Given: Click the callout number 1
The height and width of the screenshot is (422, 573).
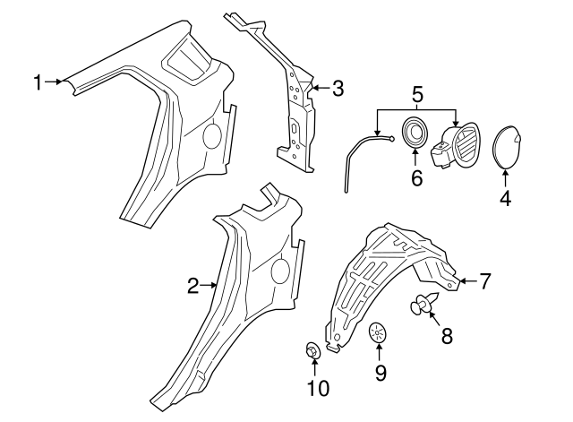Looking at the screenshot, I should tap(38, 83).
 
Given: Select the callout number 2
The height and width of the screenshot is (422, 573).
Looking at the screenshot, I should tap(192, 286).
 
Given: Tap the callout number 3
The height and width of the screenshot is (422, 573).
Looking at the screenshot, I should tap(337, 89).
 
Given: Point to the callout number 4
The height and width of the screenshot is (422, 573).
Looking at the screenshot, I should tap(505, 198).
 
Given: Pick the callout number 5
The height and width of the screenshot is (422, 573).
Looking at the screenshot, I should tap(416, 92).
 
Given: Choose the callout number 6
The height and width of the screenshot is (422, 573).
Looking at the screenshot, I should tap(416, 177).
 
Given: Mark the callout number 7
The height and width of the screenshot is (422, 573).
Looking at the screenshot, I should tap(484, 281).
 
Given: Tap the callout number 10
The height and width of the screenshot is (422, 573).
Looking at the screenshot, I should tap(318, 388).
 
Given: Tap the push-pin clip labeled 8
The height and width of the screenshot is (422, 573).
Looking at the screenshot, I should tap(422, 306).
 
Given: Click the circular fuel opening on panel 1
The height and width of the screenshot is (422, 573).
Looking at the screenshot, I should tap(212, 135).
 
